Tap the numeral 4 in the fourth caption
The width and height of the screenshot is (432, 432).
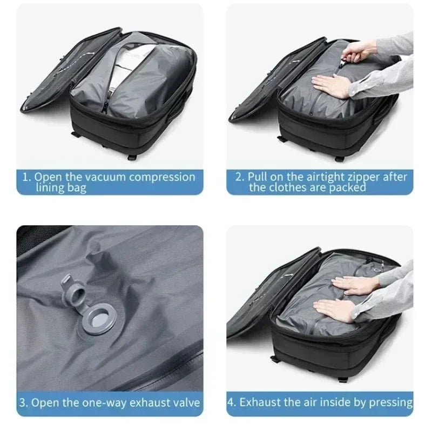231,403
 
